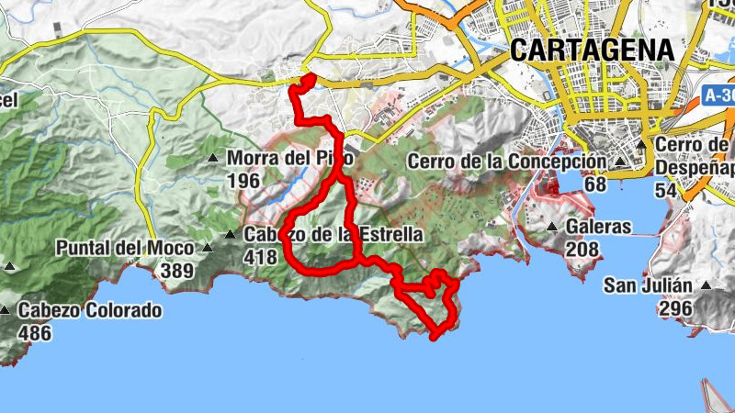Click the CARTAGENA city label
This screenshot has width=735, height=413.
point(592,50)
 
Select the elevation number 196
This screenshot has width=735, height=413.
point(243,181)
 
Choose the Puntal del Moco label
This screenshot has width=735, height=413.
point(125,248)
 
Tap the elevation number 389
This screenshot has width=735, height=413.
point(176,271)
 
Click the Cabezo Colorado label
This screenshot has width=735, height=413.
point(89,310)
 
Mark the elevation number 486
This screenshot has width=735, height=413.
point(34,333)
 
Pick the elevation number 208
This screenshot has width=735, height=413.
point(583,249)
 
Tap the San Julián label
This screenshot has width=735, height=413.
point(647,285)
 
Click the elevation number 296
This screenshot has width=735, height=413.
point(675,308)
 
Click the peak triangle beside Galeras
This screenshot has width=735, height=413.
point(552,227)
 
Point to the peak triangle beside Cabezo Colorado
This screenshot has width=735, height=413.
point(6,310)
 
